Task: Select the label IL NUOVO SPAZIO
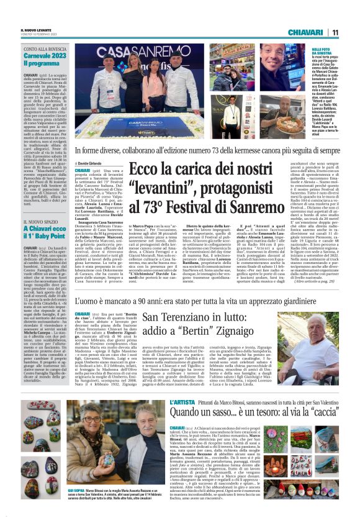click(x=41, y=221)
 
